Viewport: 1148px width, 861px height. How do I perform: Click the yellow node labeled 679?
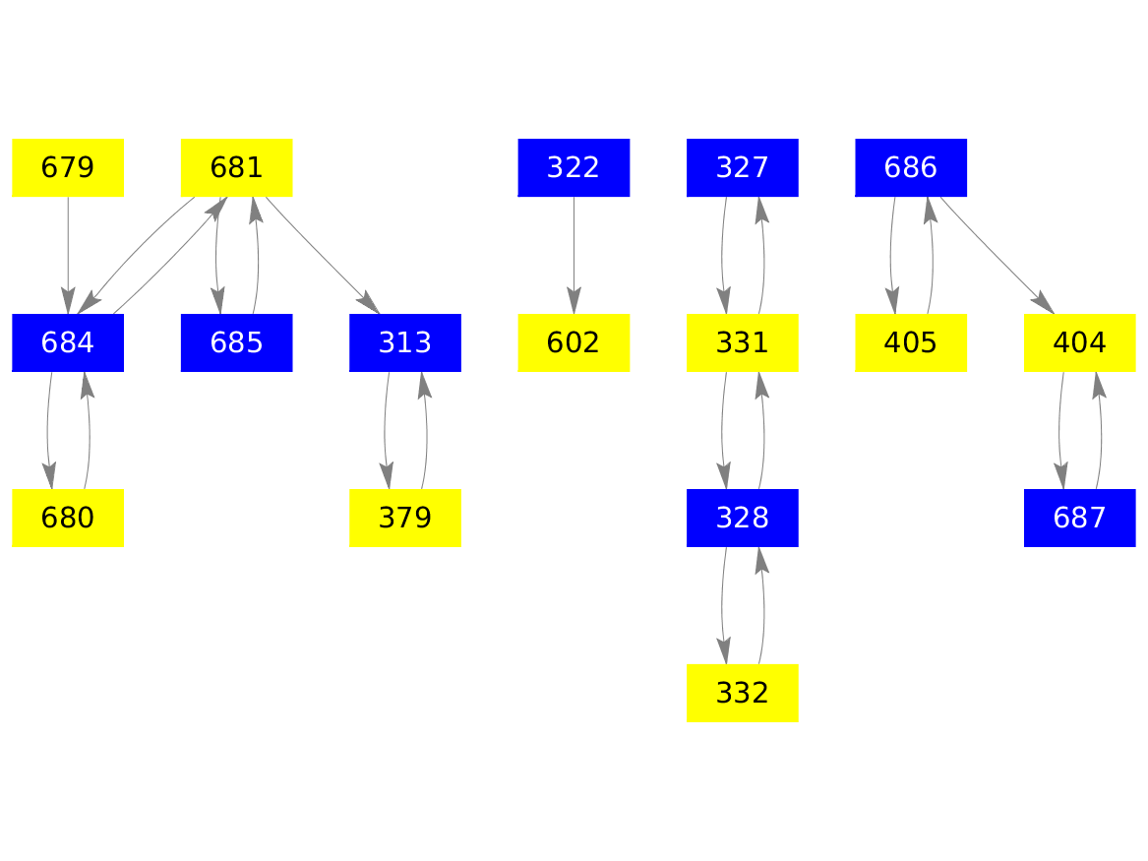pos(68,167)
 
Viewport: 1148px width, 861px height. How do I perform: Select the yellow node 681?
pos(236,167)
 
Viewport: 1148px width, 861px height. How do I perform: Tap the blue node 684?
pos(68,342)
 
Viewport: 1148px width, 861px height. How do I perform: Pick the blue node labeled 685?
pos(236,342)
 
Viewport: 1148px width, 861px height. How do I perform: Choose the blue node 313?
pos(405,342)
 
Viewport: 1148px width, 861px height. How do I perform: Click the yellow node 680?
pos(68,518)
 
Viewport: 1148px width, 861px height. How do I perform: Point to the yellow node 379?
pos(405,518)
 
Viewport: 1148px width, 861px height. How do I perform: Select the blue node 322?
pos(574,167)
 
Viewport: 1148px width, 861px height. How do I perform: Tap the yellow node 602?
pos(574,342)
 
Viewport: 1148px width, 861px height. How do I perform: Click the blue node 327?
pos(743,167)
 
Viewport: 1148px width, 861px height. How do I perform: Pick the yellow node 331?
pos(743,342)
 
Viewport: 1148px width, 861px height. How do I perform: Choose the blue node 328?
pos(743,518)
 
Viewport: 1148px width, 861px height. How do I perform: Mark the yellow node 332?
pos(743,693)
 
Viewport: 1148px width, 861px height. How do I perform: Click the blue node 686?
pos(911,167)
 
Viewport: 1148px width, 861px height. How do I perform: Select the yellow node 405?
pos(911,342)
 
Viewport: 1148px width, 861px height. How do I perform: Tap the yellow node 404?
pos(1080,342)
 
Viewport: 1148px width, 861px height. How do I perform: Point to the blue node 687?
pos(1080,518)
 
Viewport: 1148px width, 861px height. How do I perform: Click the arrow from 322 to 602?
pos(574,255)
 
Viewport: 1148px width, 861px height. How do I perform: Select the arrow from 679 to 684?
pos(68,255)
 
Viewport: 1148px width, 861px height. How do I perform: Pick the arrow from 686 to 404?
pos(997,255)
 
